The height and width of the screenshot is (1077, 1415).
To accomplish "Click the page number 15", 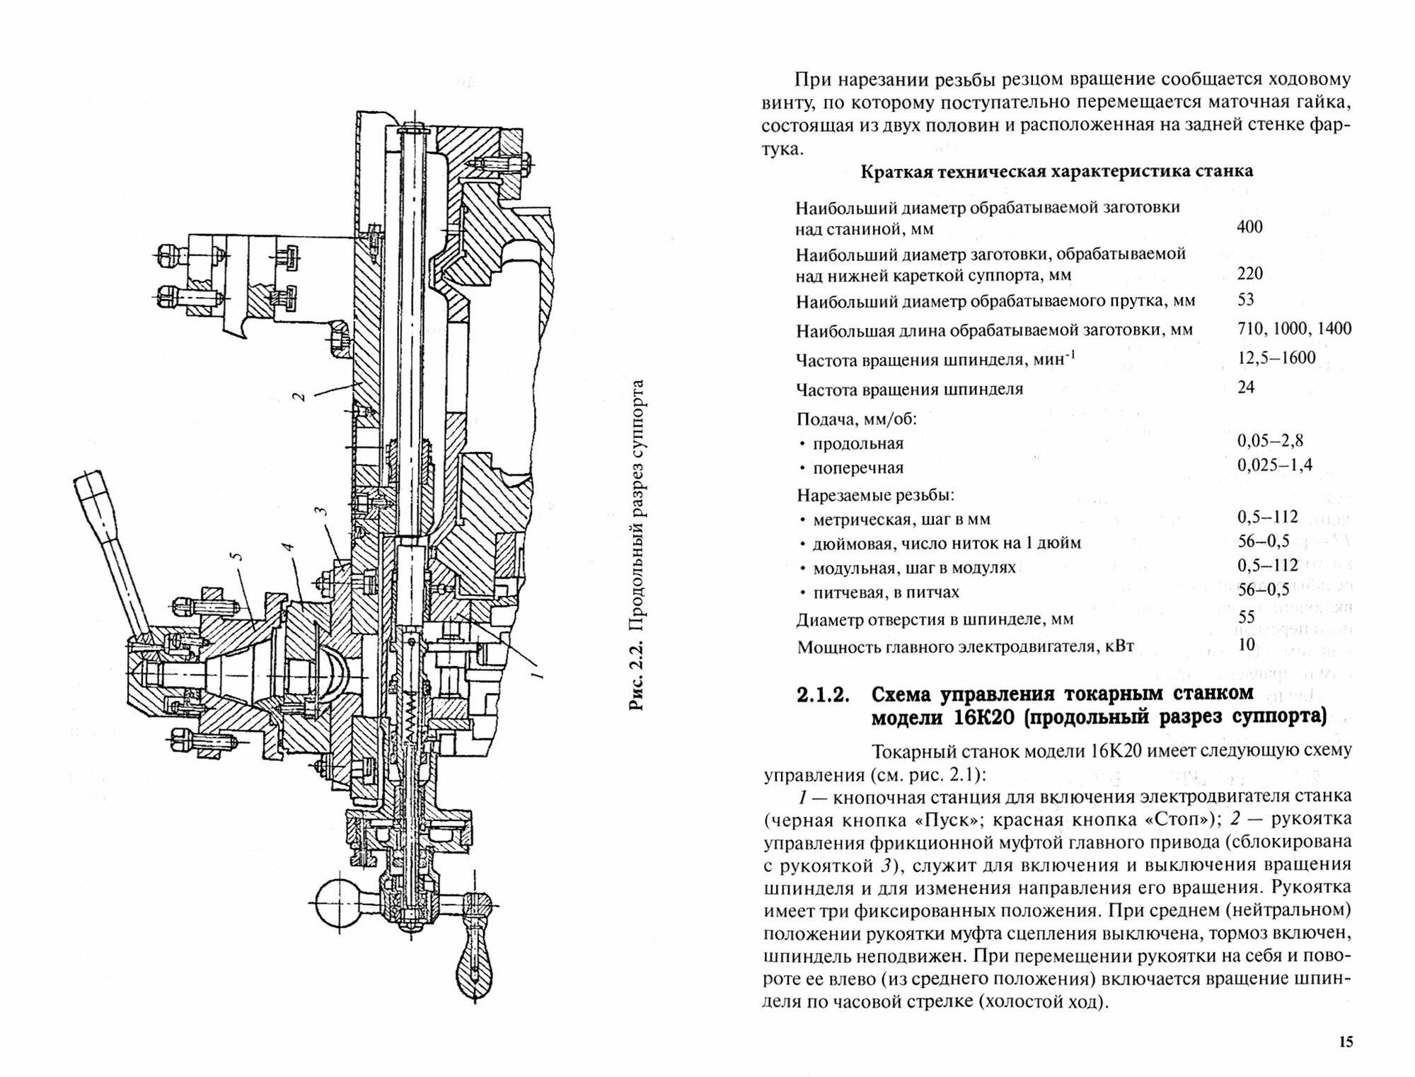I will coord(1345,1041).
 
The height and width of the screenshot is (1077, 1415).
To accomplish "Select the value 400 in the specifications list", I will coord(1249,227).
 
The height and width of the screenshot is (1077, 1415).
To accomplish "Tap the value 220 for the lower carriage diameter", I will coord(1249,273).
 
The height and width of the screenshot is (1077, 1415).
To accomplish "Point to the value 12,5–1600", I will coord(1276,358).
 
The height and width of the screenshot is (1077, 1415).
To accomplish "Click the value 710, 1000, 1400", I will coord(1294,328).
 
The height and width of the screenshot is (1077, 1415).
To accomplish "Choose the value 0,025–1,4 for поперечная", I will coord(1275,465).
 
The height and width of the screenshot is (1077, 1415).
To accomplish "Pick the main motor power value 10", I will coord(1246,644).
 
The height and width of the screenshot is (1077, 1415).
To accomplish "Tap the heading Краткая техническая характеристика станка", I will coord(1056,172).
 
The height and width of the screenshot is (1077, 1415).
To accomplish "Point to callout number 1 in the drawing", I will coord(537,670).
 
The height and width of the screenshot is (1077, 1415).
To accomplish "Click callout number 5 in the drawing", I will coord(238,555).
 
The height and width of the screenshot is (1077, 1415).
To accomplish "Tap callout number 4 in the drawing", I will coord(287,548).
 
